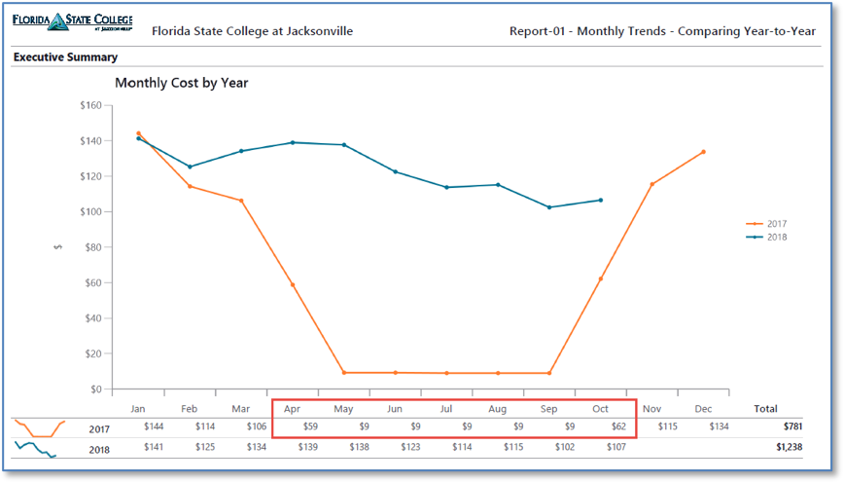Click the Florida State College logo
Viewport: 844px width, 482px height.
73,23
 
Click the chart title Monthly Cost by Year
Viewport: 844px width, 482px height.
182,83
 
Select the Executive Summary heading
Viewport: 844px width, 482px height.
65,57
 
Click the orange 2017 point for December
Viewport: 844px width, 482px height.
703,152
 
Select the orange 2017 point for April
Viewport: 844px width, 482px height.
292,285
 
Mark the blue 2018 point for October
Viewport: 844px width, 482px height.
600,201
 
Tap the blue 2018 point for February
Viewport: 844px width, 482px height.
190,167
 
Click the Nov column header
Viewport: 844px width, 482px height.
651,409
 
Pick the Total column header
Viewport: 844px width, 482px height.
764,409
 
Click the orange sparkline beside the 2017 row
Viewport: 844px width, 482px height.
39,428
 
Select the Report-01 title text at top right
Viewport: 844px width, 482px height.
662,31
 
